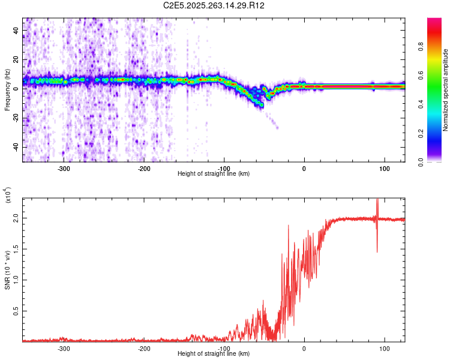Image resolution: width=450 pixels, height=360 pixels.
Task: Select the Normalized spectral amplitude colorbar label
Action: [x=446, y=90]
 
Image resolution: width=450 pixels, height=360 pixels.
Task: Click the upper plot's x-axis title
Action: [x=214, y=173]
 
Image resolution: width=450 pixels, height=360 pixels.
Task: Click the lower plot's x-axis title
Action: [x=214, y=353]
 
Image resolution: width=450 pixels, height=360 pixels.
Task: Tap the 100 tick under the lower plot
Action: [x=384, y=349]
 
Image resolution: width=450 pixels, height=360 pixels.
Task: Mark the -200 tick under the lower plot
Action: [x=143, y=349]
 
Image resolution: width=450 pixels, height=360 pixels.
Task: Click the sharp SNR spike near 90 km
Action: [x=377, y=207]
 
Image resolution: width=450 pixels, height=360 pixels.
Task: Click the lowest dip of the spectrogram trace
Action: [x=262, y=105]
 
